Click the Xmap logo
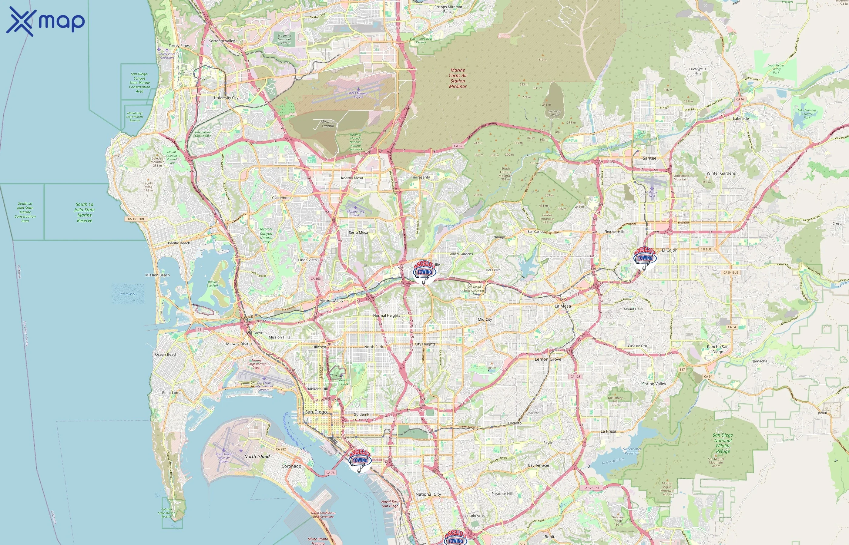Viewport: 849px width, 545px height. pyautogui.click(x=45, y=21)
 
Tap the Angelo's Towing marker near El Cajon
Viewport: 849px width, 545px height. pyautogui.click(x=645, y=257)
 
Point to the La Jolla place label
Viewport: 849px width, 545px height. pyautogui.click(x=119, y=155)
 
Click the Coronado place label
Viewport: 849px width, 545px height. pyautogui.click(x=291, y=466)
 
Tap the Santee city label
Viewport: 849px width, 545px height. pyautogui.click(x=649, y=158)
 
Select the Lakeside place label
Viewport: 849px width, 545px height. pyautogui.click(x=740, y=119)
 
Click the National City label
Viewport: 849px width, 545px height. pyautogui.click(x=428, y=494)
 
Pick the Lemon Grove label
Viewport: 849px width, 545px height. pyautogui.click(x=548, y=359)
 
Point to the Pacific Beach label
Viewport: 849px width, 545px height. pyautogui.click(x=179, y=243)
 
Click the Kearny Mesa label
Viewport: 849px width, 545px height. pyautogui.click(x=351, y=178)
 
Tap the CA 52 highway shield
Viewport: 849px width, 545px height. pyautogui.click(x=458, y=146)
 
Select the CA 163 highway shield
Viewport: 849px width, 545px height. pyautogui.click(x=315, y=279)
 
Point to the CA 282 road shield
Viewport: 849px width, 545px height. pyautogui.click(x=281, y=449)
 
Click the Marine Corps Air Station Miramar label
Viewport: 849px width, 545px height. pyautogui.click(x=458, y=78)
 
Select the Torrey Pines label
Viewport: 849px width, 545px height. pyautogui.click(x=179, y=46)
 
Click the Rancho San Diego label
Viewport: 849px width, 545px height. pyautogui.click(x=717, y=349)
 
